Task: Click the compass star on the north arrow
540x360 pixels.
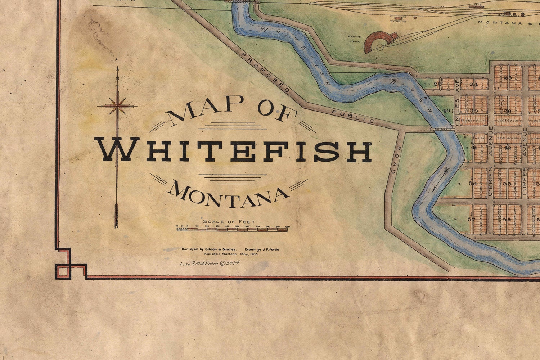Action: pyautogui.click(x=117, y=106)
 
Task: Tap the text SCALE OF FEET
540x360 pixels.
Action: pyautogui.click(x=229, y=221)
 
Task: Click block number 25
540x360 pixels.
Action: pyautogui.click(x=508, y=77)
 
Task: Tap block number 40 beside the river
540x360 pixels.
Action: pyautogui.click(x=447, y=111)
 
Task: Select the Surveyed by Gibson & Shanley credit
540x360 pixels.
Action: pyautogui.click(x=209, y=249)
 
